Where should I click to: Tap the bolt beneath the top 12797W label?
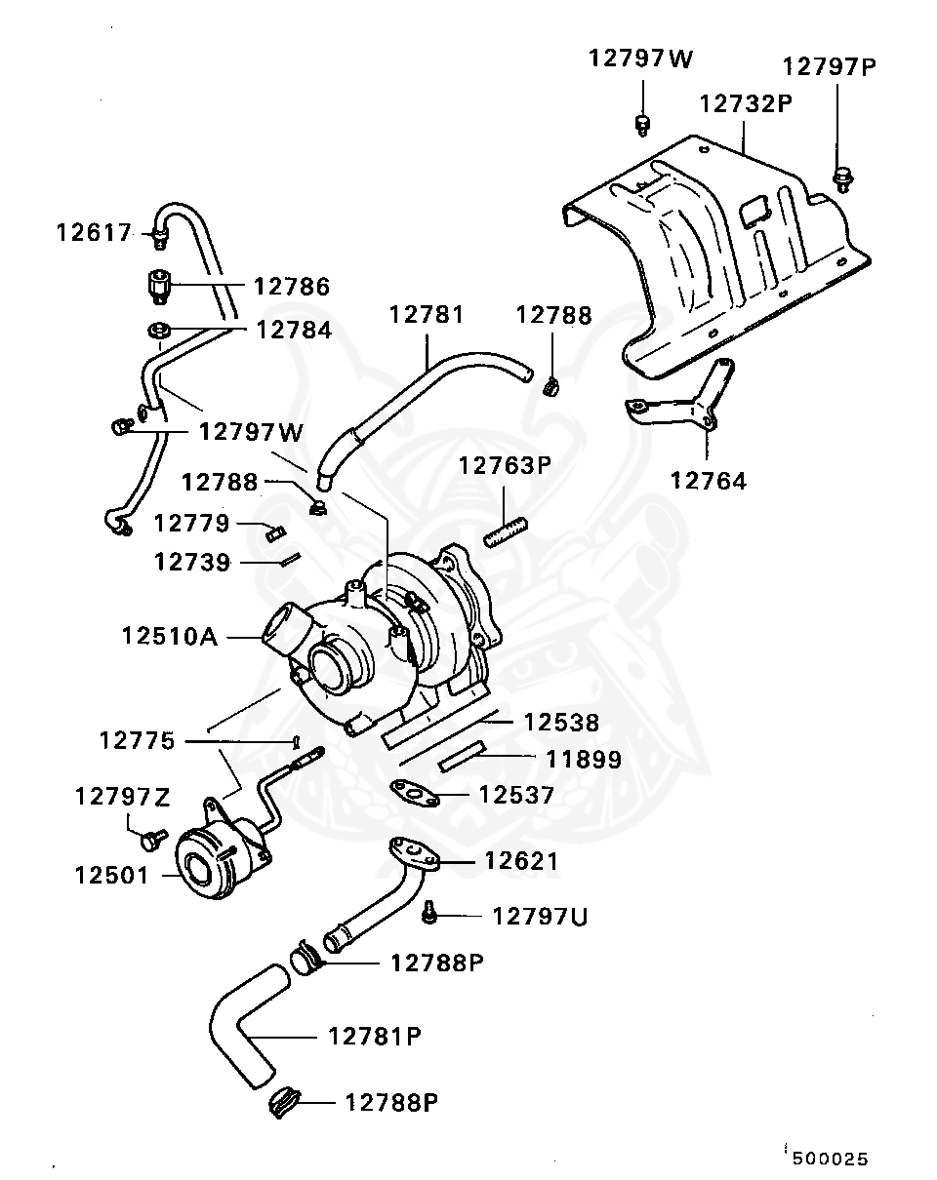coord(642,123)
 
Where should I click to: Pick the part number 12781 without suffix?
coord(427,315)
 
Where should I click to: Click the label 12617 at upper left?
coord(93,233)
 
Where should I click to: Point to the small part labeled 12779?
coord(272,531)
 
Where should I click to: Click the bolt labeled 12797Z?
coord(151,838)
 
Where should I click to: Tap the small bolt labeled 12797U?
coord(429,914)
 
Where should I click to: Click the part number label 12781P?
coord(374,1036)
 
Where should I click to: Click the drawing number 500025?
coord(830,1159)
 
